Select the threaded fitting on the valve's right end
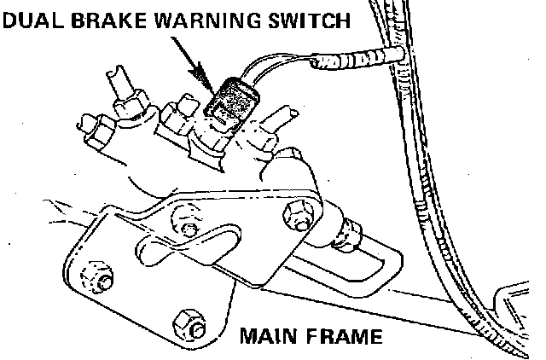(x=347, y=229)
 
